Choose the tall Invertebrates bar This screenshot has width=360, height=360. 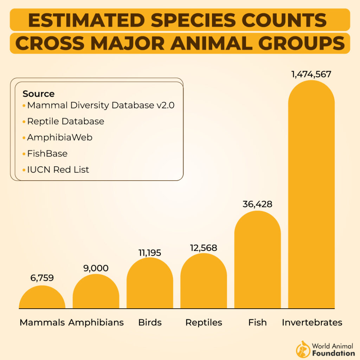(311, 197)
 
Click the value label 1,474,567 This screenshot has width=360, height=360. (311, 74)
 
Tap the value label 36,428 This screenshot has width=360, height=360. (257, 204)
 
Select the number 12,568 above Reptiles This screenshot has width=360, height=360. (204, 247)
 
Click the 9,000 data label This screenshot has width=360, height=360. (96, 268)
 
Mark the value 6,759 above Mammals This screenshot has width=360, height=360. (42, 278)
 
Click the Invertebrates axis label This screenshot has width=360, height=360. (312, 322)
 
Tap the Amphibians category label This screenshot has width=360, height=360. (96, 322)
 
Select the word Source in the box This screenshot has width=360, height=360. (38, 94)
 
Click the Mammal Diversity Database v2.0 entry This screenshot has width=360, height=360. (101, 105)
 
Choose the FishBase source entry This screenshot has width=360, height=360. (47, 154)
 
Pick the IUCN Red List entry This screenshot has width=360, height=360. (58, 170)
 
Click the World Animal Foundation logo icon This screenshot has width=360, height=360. (303, 349)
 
